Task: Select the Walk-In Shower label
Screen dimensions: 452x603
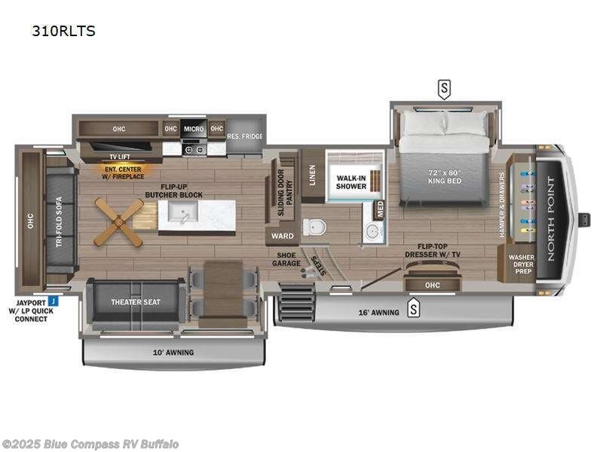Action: pyautogui.click(x=351, y=182)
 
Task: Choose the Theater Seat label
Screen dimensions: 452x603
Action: pyautogui.click(x=136, y=302)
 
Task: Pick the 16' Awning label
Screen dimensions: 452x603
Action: pyautogui.click(x=378, y=312)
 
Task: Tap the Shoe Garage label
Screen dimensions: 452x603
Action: pyautogui.click(x=287, y=259)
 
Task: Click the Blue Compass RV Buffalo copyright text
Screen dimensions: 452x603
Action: pyautogui.click(x=90, y=444)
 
